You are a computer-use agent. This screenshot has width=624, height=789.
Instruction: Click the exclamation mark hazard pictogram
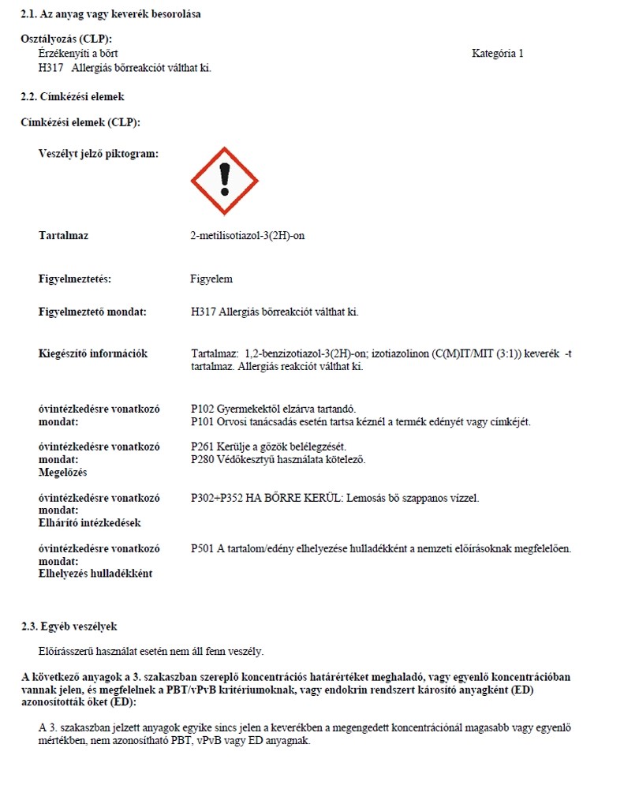224,181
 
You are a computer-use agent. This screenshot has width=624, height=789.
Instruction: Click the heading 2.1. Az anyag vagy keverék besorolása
110,14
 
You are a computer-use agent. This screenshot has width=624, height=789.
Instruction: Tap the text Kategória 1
497,54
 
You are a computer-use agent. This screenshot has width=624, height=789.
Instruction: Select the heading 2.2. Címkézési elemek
73,96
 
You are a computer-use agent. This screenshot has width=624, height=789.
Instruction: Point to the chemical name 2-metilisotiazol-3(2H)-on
247,235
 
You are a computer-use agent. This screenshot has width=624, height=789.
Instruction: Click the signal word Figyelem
211,279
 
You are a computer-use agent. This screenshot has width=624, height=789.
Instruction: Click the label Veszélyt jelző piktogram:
98,153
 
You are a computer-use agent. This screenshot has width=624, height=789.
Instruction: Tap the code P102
203,409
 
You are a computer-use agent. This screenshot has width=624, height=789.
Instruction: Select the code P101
203,421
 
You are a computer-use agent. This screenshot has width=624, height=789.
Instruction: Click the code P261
203,447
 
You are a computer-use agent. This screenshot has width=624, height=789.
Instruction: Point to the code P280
203,459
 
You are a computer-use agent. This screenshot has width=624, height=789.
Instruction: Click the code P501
203,548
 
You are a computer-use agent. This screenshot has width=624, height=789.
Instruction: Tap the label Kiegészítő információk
93,353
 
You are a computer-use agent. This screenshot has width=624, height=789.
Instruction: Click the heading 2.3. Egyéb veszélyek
69,626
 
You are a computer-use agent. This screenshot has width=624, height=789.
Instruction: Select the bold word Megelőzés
62,472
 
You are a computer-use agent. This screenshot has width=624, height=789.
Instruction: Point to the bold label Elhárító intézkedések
89,522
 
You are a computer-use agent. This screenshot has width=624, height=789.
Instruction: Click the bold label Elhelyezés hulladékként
95,573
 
